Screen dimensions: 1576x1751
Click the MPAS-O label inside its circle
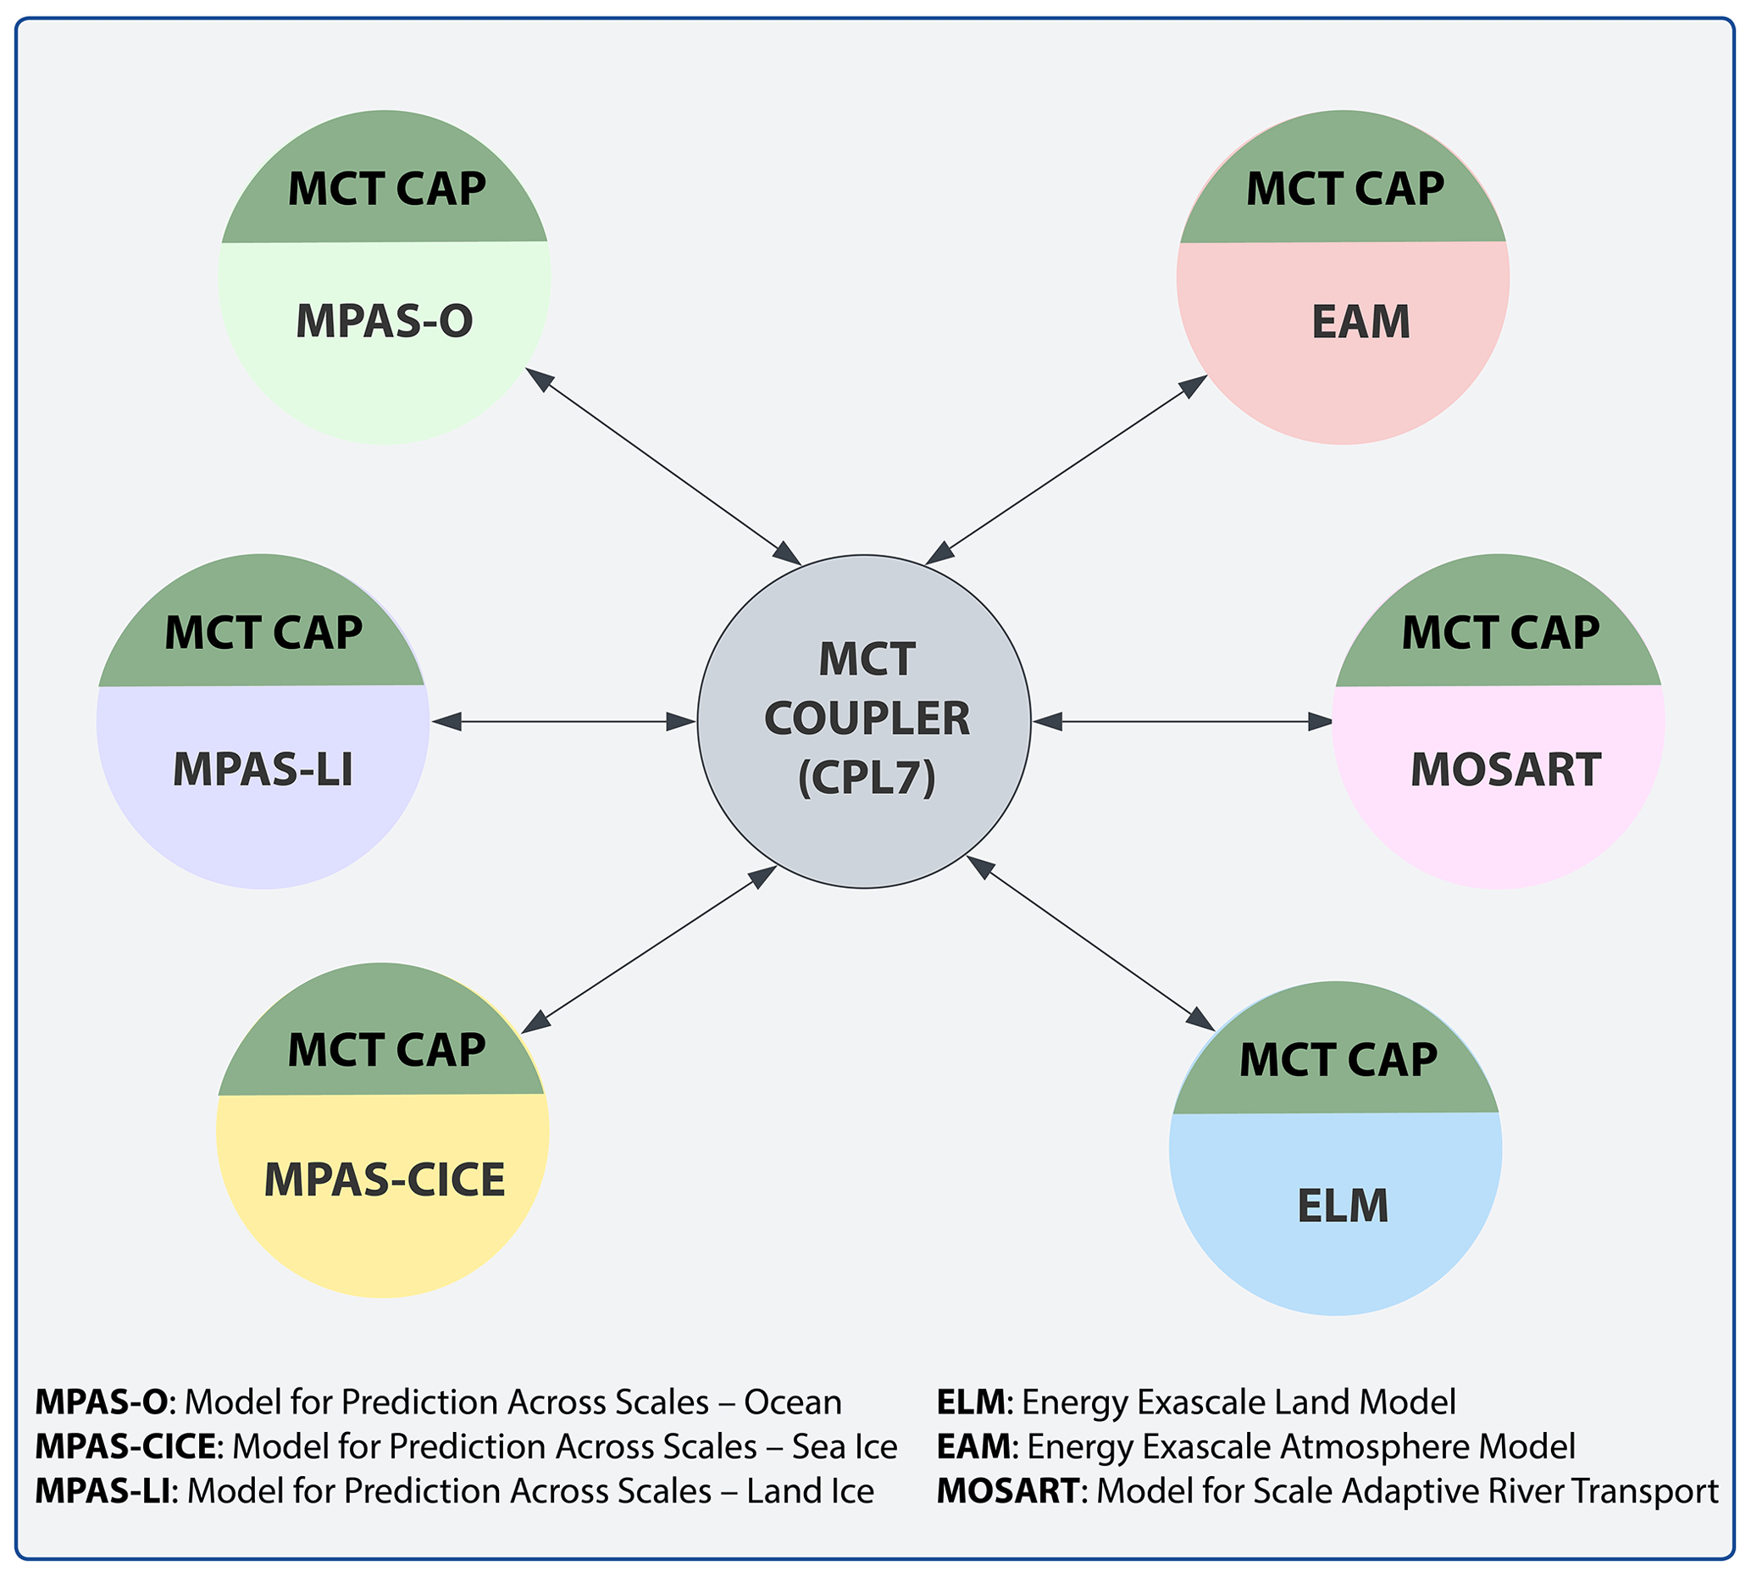[385, 321]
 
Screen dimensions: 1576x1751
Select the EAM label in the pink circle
[1360, 322]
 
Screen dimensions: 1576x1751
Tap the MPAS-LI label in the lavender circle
[263, 769]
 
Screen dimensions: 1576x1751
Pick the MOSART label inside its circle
[1505, 770]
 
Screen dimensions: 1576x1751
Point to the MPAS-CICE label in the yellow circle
[385, 1179]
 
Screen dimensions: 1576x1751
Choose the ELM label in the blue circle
[1343, 1206]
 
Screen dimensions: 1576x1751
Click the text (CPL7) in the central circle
[867, 777]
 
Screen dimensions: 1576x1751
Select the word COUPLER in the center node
[867, 719]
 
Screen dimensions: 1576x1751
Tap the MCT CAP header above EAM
[1344, 189]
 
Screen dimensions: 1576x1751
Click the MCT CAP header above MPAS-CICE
[386, 1051]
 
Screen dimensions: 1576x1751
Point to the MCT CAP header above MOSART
[1500, 632]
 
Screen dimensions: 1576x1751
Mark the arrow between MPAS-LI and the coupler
[563, 721]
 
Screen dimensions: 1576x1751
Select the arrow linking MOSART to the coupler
[1183, 721]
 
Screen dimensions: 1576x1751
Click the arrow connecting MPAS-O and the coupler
[663, 466]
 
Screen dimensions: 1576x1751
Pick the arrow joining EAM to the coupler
[1067, 470]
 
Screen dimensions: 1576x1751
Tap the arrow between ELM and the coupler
[1090, 943]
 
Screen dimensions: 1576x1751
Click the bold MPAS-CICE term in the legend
[125, 1446]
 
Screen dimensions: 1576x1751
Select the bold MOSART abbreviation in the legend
[1007, 1490]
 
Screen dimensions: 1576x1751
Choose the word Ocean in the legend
[792, 1402]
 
